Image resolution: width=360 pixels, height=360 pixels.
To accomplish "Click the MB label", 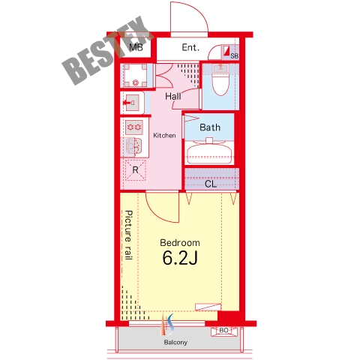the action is click(x=136, y=47).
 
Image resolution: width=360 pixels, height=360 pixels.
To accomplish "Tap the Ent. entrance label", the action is click(x=190, y=47).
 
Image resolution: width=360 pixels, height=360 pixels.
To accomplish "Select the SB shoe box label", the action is click(x=234, y=56).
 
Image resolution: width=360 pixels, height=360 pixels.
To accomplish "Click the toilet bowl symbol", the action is click(x=220, y=80).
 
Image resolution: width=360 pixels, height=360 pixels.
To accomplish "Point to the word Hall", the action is click(x=173, y=96).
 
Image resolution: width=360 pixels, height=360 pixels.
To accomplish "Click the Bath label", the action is click(x=210, y=127).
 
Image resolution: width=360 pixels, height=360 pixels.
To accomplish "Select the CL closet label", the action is click(x=211, y=184).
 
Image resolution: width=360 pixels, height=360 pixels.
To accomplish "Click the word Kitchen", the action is click(x=164, y=136).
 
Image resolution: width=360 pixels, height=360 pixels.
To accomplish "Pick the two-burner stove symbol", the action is click(x=134, y=127).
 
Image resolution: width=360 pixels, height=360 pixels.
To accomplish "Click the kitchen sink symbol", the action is click(x=134, y=145).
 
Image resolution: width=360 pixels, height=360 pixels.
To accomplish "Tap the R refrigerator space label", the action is click(x=135, y=170).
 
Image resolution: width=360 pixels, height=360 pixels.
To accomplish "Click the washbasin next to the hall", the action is click(x=132, y=103).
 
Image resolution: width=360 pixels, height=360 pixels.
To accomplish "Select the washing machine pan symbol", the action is click(x=136, y=75).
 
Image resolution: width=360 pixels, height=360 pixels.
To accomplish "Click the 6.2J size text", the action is click(x=180, y=258).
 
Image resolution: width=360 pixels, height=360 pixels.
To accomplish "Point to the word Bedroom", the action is click(x=180, y=243).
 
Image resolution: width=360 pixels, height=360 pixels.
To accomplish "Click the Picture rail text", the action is click(x=128, y=235).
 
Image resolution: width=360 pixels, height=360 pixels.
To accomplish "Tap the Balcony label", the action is click(x=175, y=343).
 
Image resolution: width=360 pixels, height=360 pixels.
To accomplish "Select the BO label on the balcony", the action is click(x=223, y=330).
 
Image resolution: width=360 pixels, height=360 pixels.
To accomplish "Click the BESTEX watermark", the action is click(x=107, y=50).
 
